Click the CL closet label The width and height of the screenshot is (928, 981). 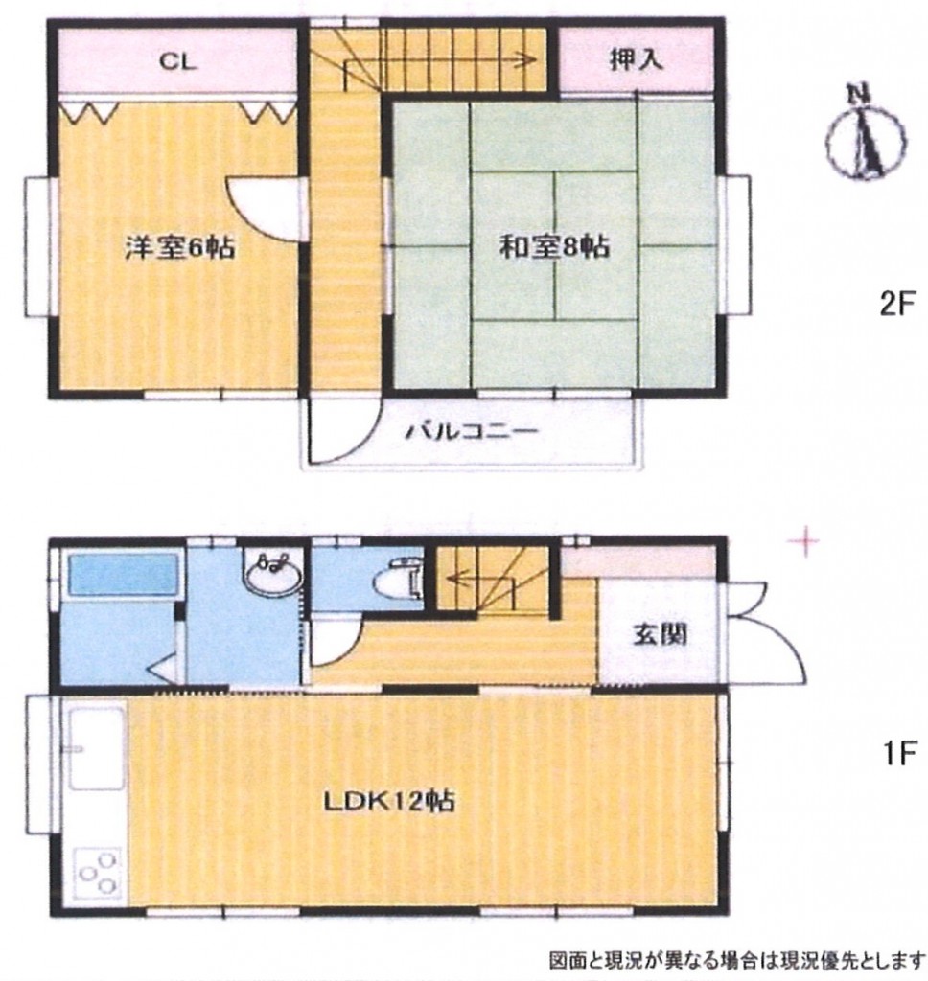pos(178,61)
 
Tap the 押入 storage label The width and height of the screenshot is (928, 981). pos(636,59)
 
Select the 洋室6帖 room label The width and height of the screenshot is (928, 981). pos(179,247)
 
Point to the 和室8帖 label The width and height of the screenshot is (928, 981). pos(553,246)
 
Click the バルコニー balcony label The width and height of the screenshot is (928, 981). pos(473,432)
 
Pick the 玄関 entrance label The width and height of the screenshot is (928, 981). pos(660,634)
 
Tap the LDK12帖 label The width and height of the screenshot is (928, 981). pos(389,801)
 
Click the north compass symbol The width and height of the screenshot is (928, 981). pos(865,134)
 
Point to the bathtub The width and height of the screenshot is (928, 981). pos(123,573)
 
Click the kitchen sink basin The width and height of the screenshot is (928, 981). pos(98,749)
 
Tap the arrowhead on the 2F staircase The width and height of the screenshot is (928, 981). pos(530,60)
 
